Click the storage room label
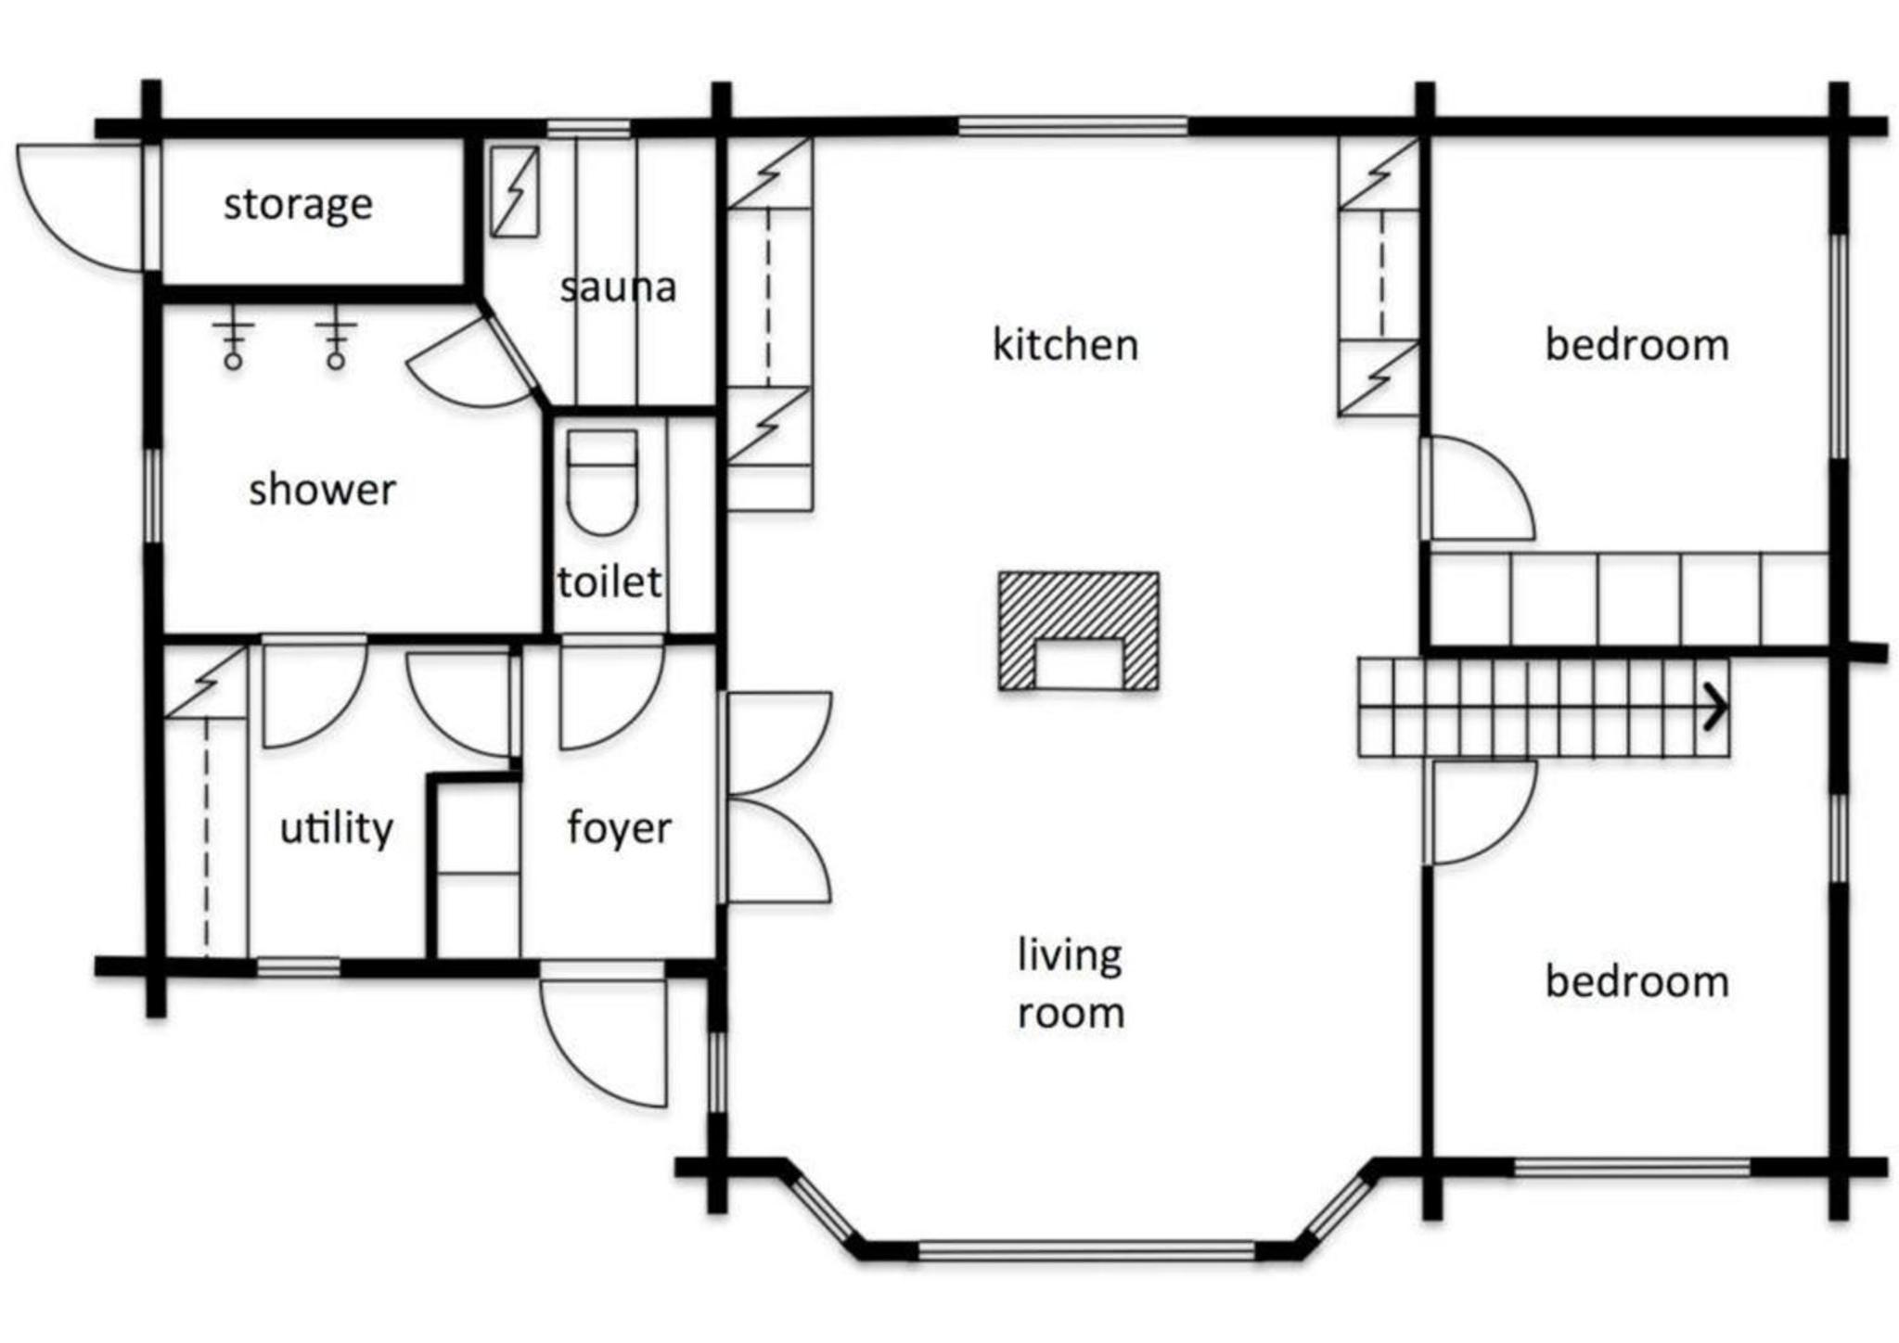point(298,205)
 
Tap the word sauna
point(618,288)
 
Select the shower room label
point(322,489)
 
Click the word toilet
point(609,582)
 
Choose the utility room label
point(337,828)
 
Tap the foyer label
point(619,828)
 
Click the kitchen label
point(1065,345)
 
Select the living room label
point(1071,983)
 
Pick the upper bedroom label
point(1636,345)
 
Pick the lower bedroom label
point(1636,982)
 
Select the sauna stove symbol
point(514,191)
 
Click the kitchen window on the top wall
point(1072,126)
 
